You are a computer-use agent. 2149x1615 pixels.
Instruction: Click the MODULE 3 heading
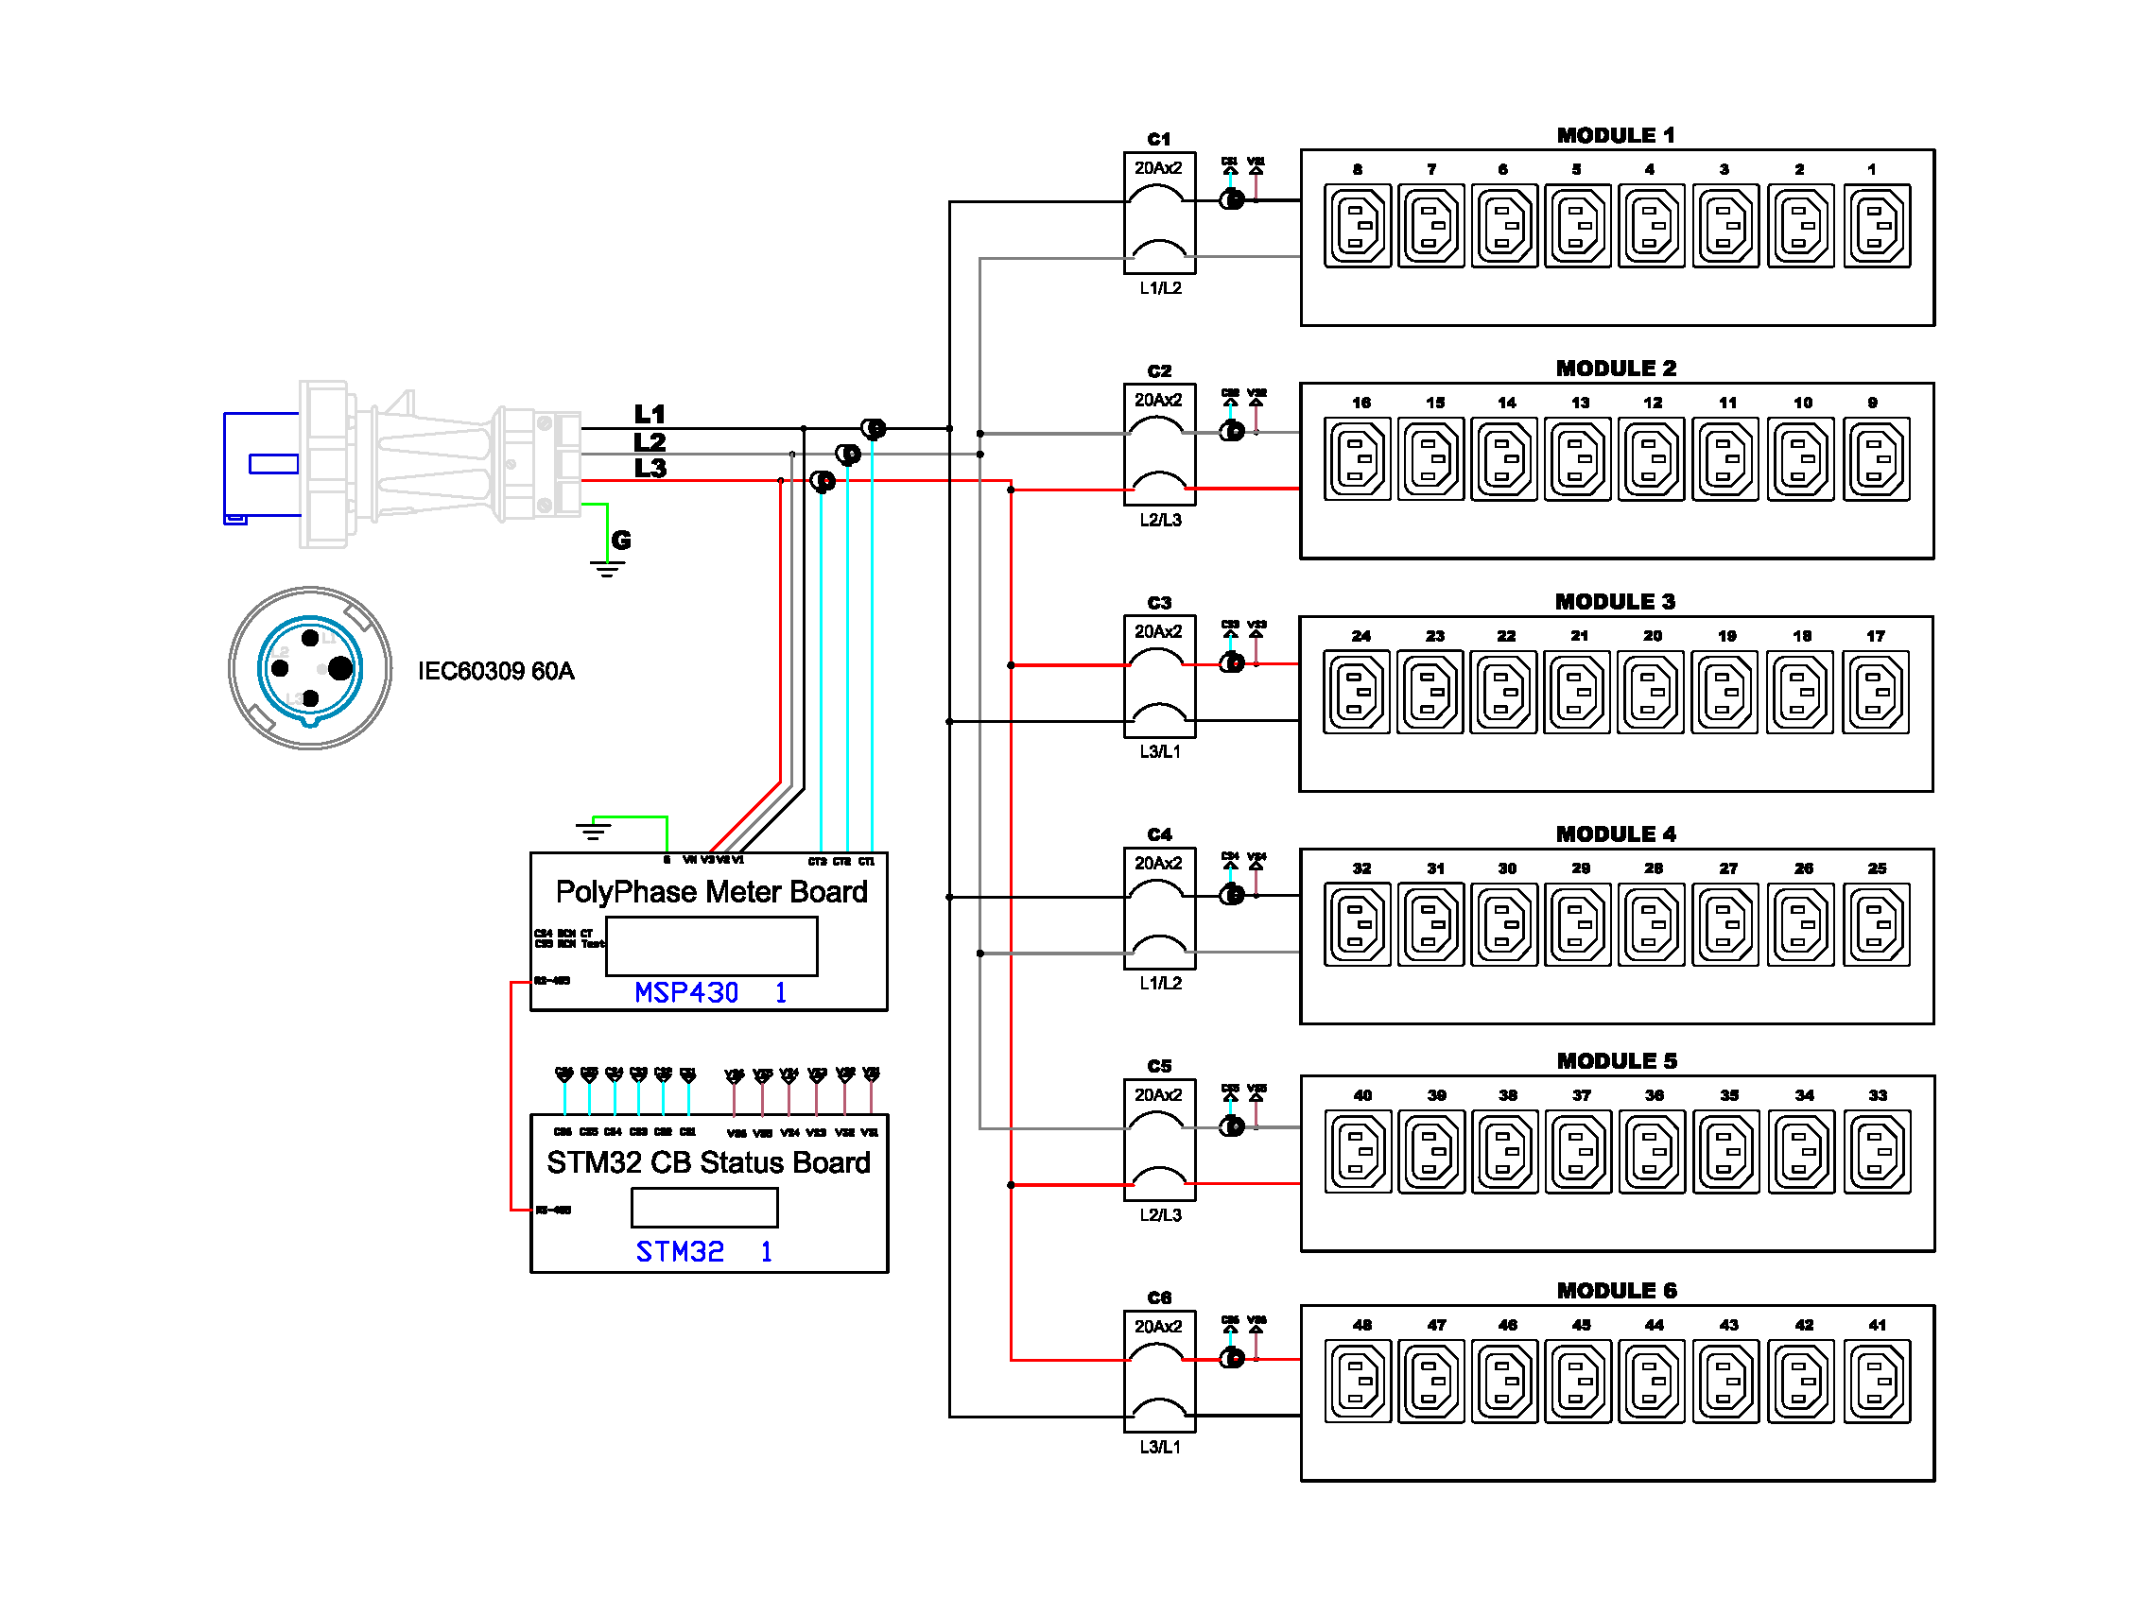click(x=1615, y=602)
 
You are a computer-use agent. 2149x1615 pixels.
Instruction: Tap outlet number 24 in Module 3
click(x=1356, y=693)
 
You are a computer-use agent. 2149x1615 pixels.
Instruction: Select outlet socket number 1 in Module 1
click(x=1876, y=225)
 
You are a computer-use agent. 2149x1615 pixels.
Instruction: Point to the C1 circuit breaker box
click(x=1159, y=213)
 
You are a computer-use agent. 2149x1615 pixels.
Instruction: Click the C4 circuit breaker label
click(x=1159, y=835)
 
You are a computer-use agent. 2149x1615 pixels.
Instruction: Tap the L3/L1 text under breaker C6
click(x=1160, y=1447)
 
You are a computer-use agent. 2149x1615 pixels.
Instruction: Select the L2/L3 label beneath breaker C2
click(x=1160, y=521)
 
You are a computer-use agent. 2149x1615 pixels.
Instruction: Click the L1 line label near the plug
click(x=650, y=415)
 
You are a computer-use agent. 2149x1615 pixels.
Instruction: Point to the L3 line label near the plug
click(x=650, y=469)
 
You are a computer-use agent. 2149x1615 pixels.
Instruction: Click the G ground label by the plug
click(x=621, y=541)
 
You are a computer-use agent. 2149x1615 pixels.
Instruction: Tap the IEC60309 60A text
click(x=495, y=671)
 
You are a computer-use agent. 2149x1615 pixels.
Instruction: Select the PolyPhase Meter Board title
click(x=711, y=892)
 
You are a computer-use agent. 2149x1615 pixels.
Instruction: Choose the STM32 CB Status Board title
click(x=708, y=1163)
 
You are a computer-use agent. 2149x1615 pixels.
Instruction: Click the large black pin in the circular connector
click(x=340, y=668)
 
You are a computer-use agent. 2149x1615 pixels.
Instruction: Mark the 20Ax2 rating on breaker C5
click(x=1158, y=1095)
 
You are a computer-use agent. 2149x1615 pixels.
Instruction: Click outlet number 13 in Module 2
click(x=1578, y=459)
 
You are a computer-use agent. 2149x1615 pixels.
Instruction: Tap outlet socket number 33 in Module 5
click(x=1876, y=1153)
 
